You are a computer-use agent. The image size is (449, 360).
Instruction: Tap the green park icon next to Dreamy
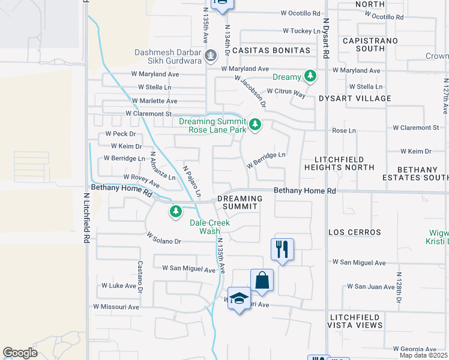(x=310, y=77)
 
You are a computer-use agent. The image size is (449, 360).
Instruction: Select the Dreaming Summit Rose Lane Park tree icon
(x=255, y=125)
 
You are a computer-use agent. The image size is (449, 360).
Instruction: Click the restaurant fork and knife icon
(x=282, y=248)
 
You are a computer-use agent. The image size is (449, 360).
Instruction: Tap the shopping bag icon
(x=262, y=280)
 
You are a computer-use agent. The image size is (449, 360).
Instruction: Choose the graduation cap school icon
(x=238, y=300)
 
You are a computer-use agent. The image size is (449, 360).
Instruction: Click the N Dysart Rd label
(x=326, y=37)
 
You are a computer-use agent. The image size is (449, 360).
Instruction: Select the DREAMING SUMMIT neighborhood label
(x=240, y=202)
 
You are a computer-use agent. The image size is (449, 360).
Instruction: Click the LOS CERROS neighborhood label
(x=354, y=232)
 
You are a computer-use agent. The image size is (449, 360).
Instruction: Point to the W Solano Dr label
(x=163, y=241)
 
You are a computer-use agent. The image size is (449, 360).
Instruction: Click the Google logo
(x=20, y=353)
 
